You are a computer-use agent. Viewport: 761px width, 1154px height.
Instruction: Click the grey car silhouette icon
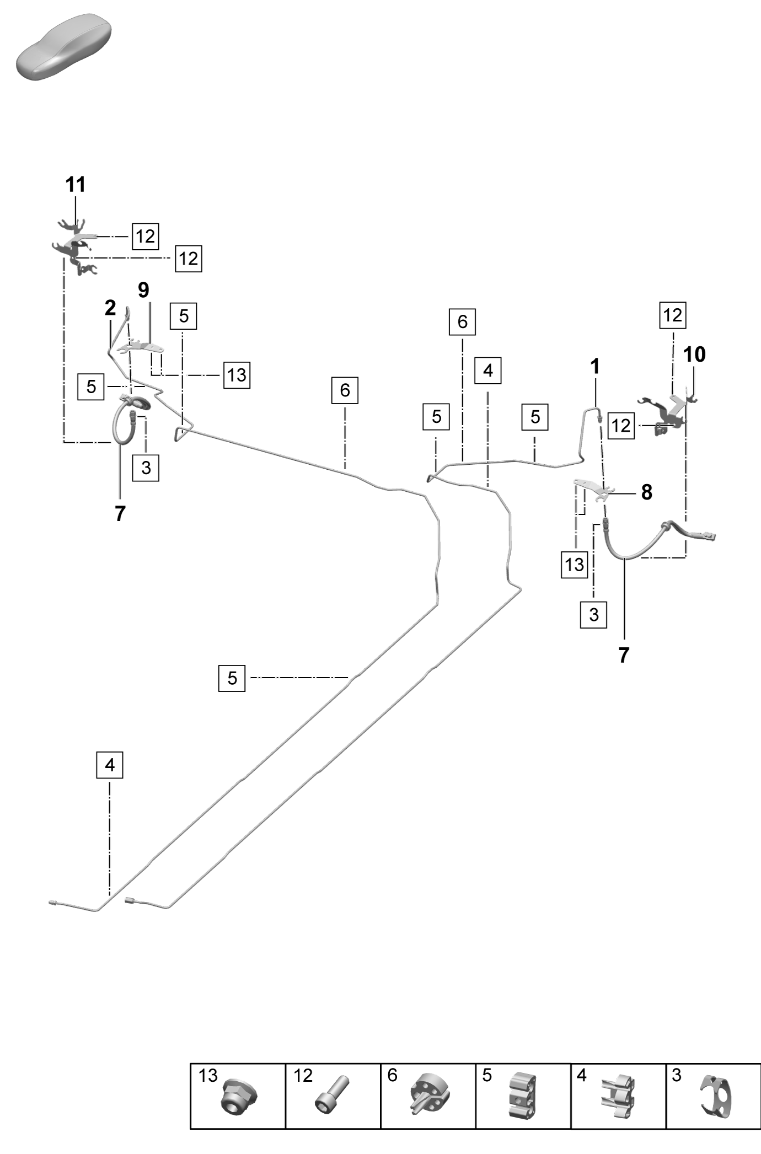63,47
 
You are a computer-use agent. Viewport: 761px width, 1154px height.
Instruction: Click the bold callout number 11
76,185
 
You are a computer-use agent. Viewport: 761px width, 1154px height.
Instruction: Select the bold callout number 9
143,289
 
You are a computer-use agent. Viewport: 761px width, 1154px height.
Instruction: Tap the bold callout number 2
110,308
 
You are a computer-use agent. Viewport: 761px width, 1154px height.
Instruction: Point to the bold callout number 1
594,366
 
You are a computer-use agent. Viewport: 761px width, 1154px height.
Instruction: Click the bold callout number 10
694,355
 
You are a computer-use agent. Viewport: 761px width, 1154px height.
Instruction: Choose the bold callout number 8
646,492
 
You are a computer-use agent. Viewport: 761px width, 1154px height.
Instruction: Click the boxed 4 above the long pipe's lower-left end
110,765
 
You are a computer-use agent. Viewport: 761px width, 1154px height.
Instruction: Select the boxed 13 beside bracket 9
237,375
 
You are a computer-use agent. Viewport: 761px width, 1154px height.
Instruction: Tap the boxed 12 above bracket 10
673,315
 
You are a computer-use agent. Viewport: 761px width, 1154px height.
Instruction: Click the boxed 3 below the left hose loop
146,468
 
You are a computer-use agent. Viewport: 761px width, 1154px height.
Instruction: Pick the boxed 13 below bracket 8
575,564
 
